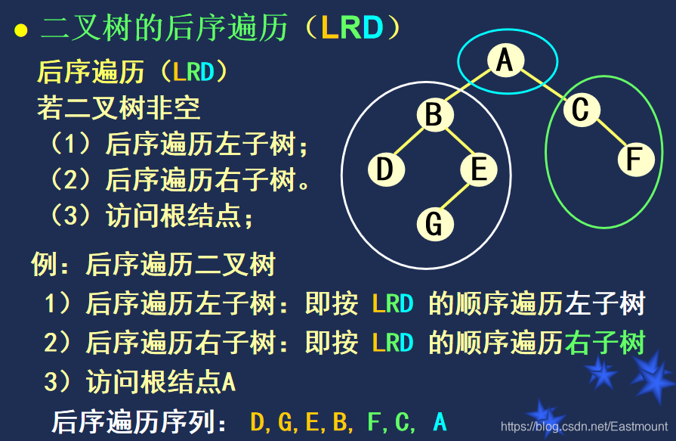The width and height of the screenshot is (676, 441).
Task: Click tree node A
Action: point(504,60)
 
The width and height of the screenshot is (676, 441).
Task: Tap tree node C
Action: point(580,110)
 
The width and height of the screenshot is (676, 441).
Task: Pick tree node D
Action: point(386,169)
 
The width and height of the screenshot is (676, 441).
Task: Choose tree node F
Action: point(635,160)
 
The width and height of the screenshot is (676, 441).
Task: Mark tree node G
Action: point(434,223)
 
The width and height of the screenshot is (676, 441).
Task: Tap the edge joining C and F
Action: point(608,135)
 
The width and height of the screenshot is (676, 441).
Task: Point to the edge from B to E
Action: point(456,143)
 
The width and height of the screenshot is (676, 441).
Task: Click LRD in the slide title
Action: point(351,29)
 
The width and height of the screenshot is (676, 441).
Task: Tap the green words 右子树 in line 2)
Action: point(606,343)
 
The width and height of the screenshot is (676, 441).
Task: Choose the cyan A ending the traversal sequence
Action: point(440,421)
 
